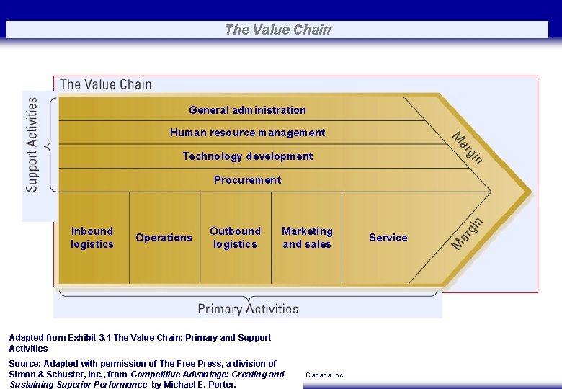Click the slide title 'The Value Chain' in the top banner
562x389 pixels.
point(277,30)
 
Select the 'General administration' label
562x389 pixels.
point(247,110)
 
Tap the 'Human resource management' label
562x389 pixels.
point(247,133)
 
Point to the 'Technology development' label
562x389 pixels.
point(247,156)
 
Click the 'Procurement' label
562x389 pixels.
point(247,180)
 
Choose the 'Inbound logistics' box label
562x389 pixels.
point(92,238)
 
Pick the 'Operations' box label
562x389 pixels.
point(164,238)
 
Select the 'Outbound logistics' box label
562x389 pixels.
point(235,238)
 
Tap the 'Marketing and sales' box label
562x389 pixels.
point(307,238)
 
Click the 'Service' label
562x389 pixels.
point(388,238)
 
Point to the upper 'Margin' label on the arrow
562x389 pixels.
point(467,148)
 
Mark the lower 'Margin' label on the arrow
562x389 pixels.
point(467,233)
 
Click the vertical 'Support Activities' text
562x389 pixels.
point(32,144)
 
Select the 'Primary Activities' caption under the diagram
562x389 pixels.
point(248,309)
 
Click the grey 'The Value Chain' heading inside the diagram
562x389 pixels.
point(106,84)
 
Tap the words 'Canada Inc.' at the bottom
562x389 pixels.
point(325,375)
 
